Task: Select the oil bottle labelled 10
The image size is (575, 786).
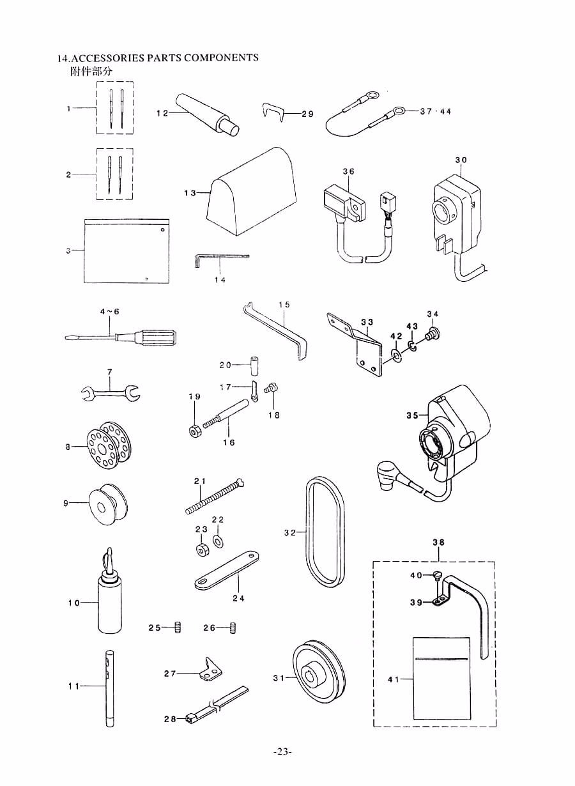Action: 110,601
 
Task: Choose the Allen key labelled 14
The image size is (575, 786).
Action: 217,258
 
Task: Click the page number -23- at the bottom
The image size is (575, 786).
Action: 282,751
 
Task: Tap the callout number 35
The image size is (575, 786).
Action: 411,415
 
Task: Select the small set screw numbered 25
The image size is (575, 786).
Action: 178,628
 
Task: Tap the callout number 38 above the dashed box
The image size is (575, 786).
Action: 438,542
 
